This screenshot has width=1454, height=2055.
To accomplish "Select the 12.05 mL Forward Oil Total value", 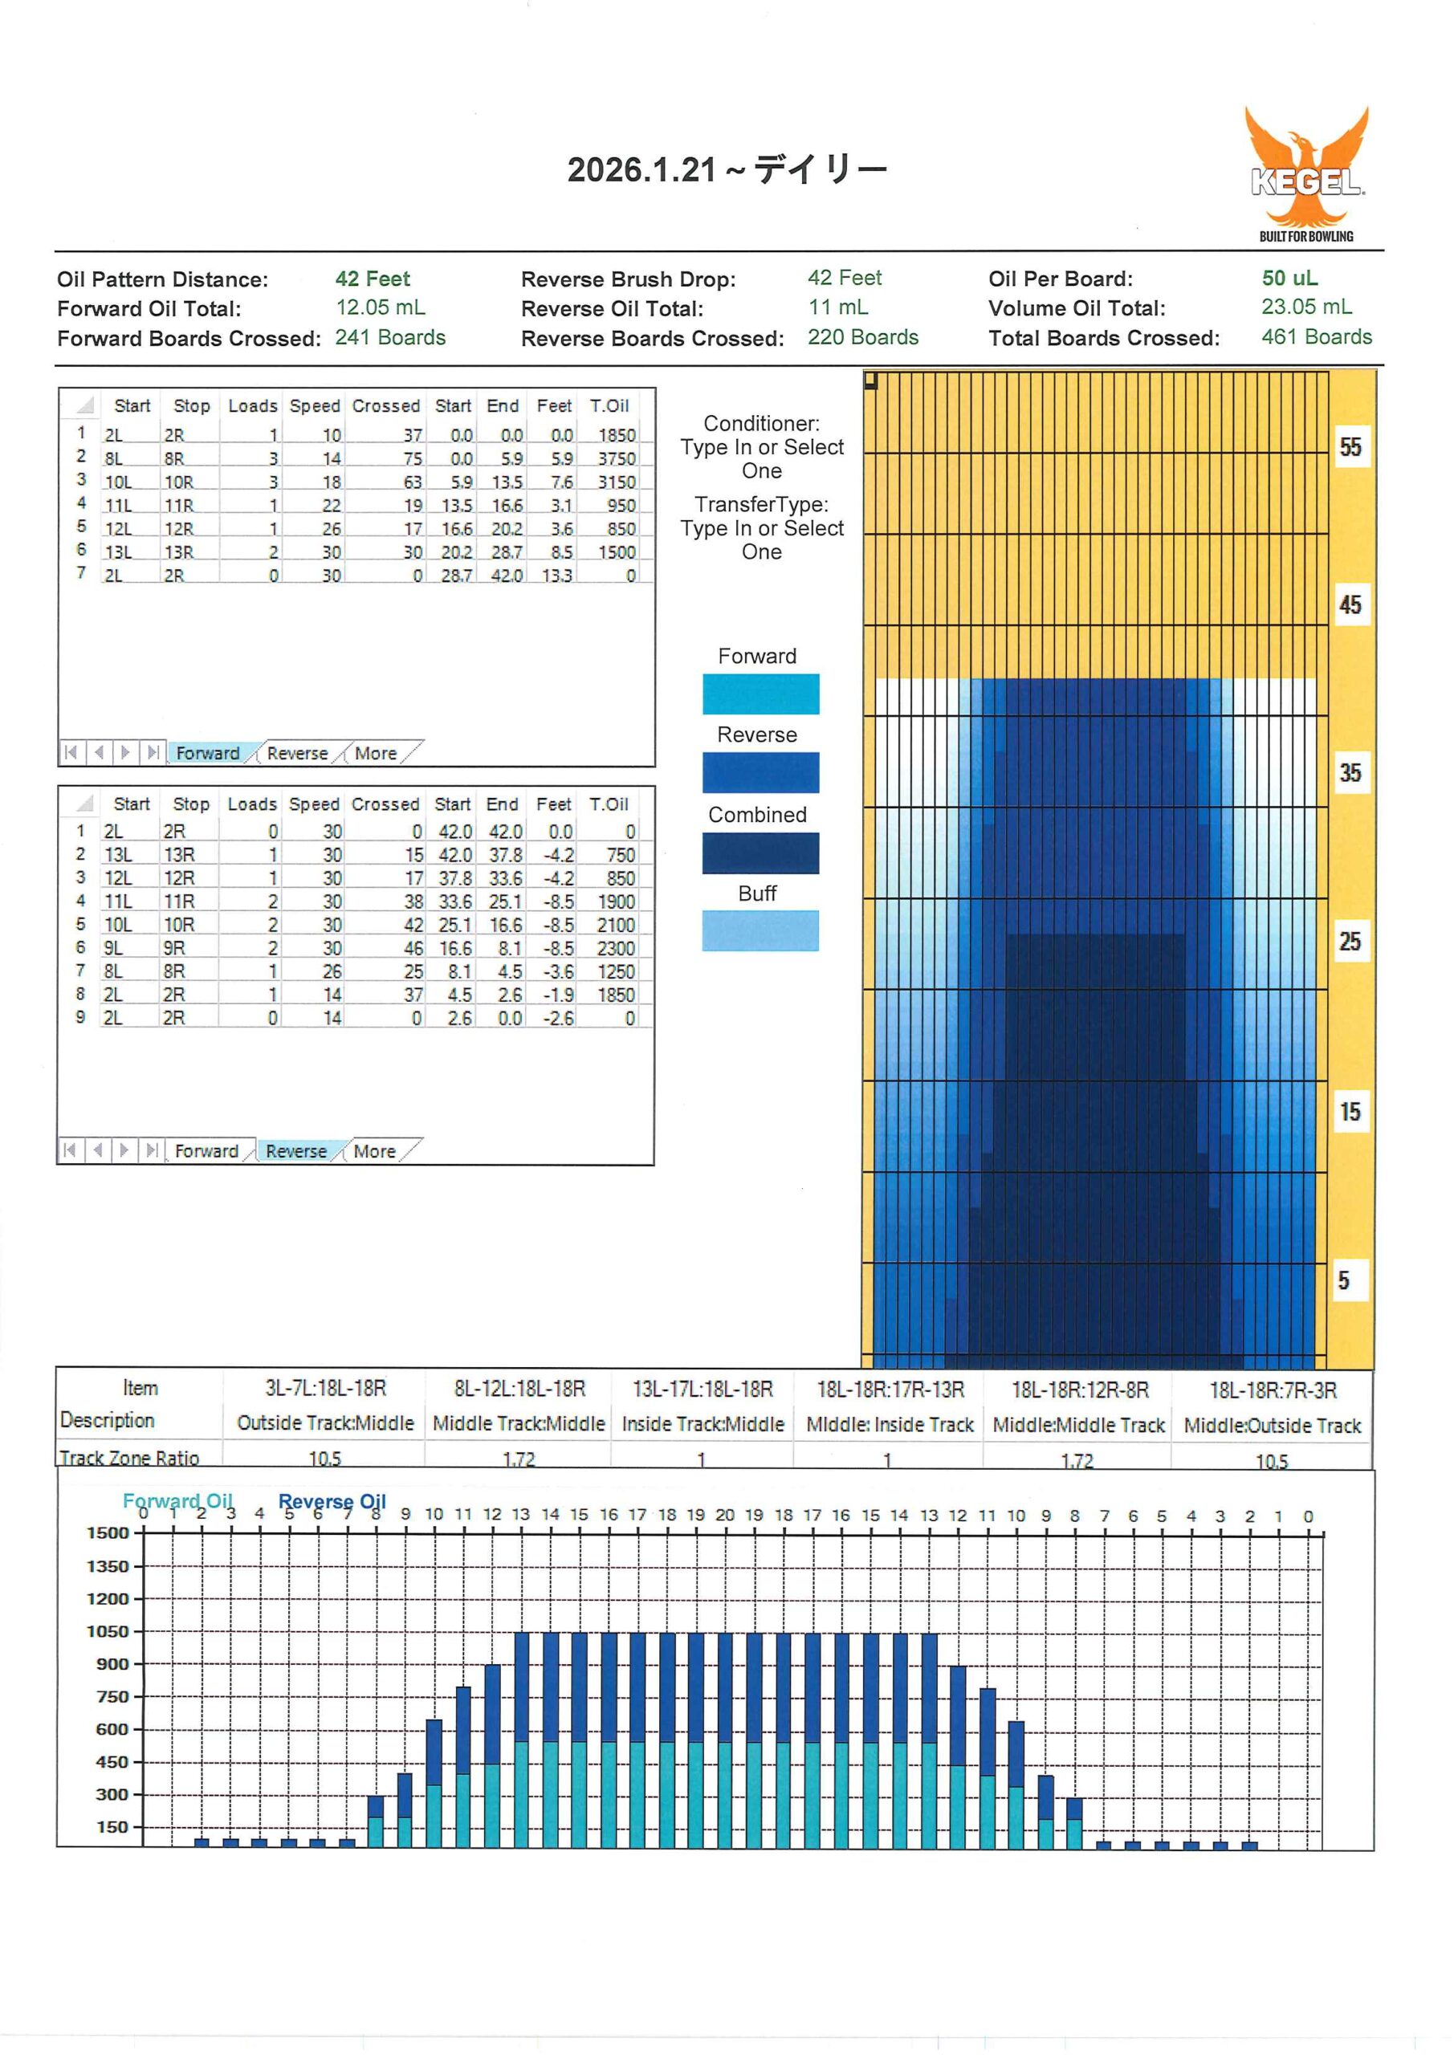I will point(381,308).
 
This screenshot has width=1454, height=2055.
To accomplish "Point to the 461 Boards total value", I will point(1316,337).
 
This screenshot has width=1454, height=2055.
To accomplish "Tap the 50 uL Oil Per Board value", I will point(1289,279).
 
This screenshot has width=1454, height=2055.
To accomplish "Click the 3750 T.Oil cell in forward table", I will point(617,458).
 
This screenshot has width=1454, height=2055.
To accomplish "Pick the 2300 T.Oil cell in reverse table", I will point(616,948).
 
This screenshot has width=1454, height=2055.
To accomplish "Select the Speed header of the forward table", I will point(314,405).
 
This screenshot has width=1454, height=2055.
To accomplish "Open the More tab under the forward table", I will point(375,754).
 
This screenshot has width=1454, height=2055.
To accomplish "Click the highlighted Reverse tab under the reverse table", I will point(296,1151).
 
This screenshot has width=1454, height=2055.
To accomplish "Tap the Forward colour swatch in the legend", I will point(760,694).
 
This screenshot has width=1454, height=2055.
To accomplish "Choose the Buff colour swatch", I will point(760,931).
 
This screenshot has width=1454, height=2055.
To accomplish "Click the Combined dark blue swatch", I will point(760,853).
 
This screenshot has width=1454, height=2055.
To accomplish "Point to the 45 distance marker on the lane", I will point(1350,605).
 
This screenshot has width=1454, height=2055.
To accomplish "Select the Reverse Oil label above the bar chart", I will point(332,1501).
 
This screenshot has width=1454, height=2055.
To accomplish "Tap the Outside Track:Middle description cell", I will point(325,1423).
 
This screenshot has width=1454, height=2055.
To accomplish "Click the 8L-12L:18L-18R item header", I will point(519,1389).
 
